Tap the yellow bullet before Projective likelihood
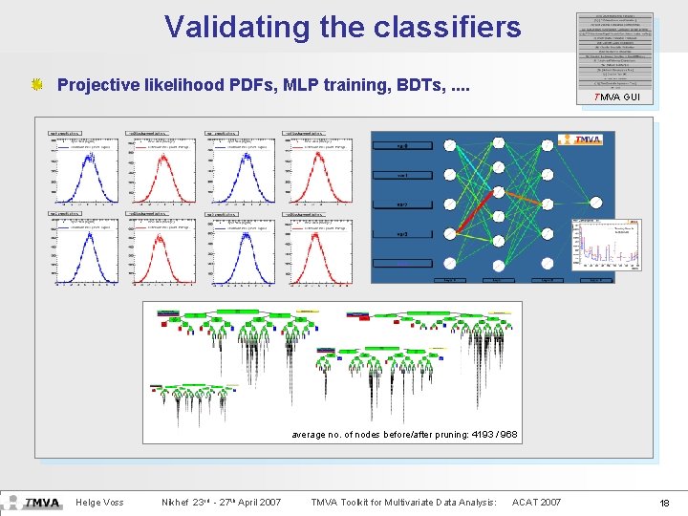click(x=37, y=85)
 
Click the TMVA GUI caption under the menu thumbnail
click(x=616, y=97)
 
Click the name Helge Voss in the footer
click(x=100, y=503)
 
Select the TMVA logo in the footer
click(x=42, y=503)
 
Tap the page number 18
click(x=665, y=503)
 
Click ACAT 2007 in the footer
click(x=537, y=503)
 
